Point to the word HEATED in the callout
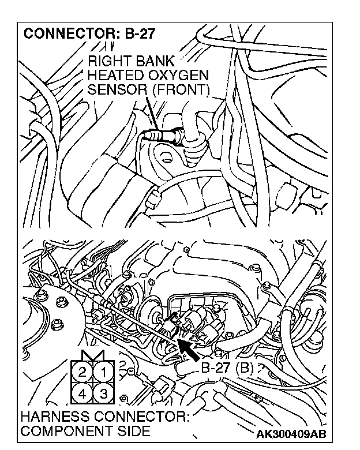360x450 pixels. pyautogui.click(x=113, y=76)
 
